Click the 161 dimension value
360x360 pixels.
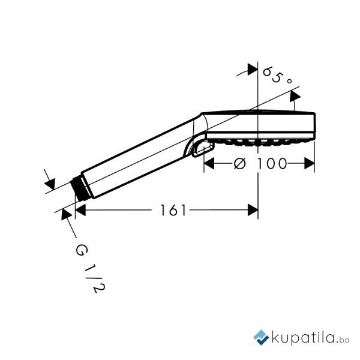pos(173,210)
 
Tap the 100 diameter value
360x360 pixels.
pos(272,164)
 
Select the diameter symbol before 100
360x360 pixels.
pos(239,164)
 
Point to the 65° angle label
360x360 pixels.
pos(277,75)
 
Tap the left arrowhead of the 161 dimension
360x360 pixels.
pos(80,210)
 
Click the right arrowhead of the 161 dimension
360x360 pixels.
pos(253,210)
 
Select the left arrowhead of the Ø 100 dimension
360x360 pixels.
pos(209,163)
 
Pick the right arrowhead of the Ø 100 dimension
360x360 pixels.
pos(309,163)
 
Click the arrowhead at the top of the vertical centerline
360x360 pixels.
pos(253,70)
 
